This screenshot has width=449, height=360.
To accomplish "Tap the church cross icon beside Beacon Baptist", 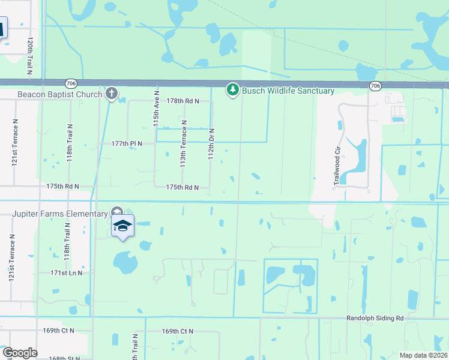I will point(111,93).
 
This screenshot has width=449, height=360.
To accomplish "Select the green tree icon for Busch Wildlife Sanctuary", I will point(232,90).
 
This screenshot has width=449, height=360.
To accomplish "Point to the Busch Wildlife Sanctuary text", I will point(288,91).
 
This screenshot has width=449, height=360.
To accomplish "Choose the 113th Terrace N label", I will point(184,143).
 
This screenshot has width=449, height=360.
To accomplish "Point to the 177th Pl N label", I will point(126,143).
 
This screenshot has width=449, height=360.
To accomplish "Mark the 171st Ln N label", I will point(66,273).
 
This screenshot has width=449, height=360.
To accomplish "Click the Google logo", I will point(20,353).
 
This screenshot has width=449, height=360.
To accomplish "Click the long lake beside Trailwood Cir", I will point(359,157).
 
